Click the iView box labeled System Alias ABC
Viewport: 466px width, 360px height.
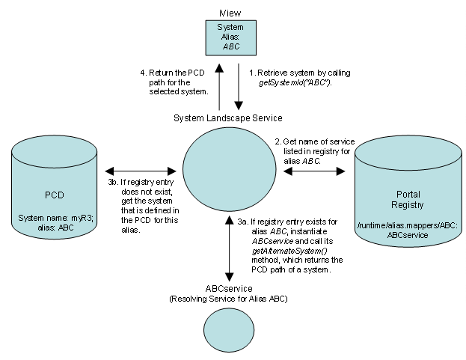(230, 37)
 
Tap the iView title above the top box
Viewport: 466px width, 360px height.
(229, 13)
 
